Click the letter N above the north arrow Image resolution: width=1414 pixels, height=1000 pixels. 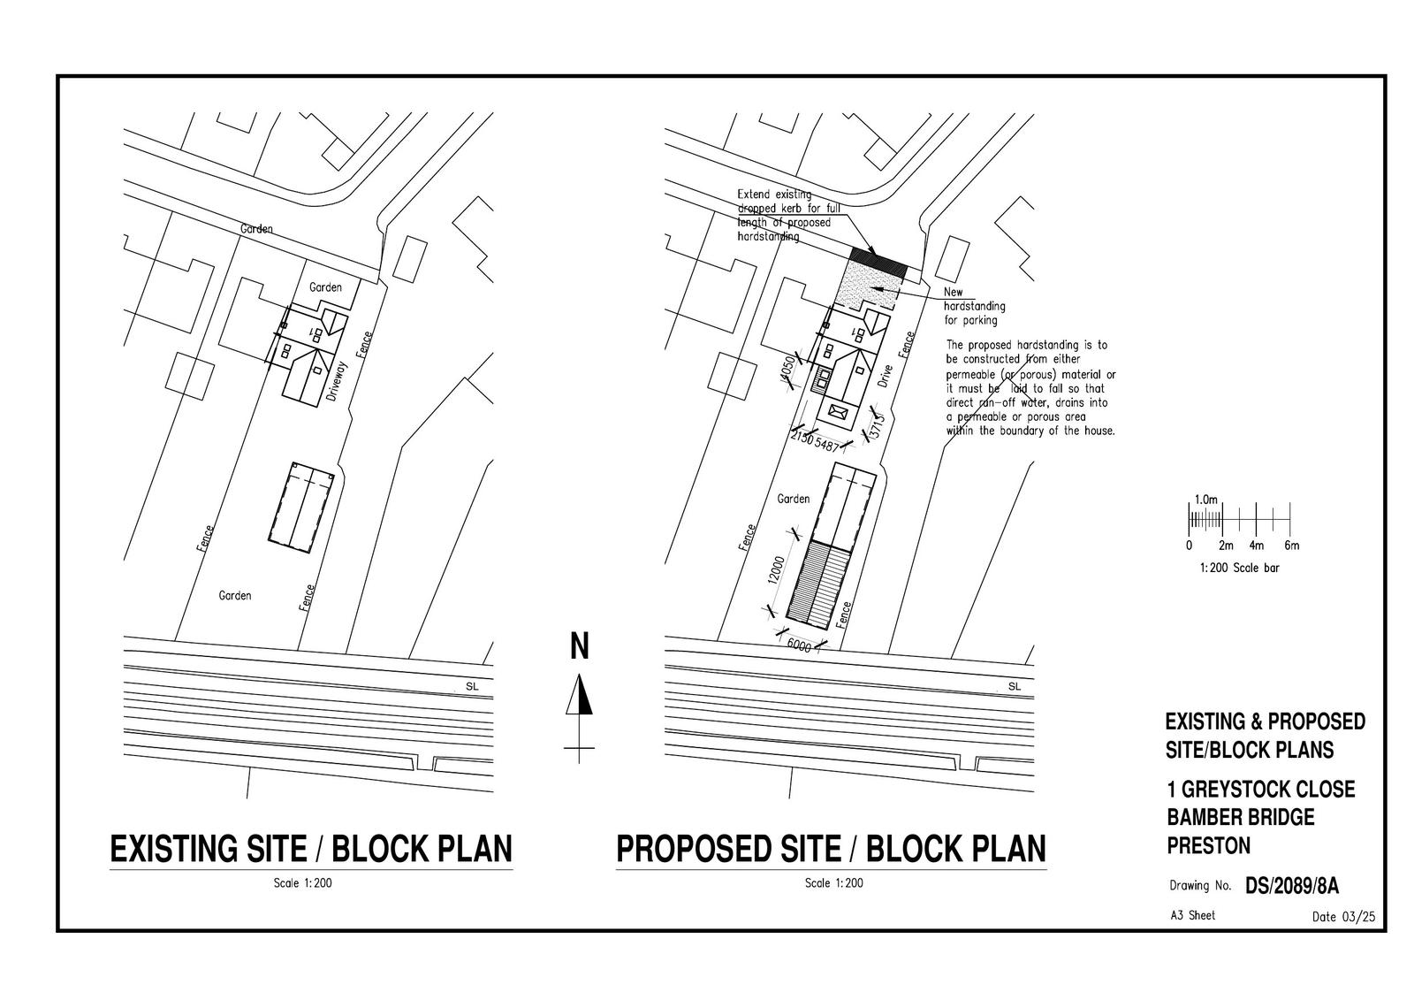point(579,646)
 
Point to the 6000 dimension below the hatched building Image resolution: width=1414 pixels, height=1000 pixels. point(799,645)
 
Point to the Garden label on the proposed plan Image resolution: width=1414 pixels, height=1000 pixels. point(793,499)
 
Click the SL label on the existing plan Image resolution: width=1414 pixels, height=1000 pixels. point(471,686)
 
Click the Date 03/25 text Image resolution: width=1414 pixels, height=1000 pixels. point(1344,917)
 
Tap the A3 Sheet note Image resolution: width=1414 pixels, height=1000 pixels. point(1192,915)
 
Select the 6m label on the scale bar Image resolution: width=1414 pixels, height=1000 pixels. point(1291,546)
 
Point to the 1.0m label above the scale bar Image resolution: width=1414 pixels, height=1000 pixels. point(1206,500)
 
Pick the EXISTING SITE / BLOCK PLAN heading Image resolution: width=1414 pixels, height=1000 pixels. point(311,849)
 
